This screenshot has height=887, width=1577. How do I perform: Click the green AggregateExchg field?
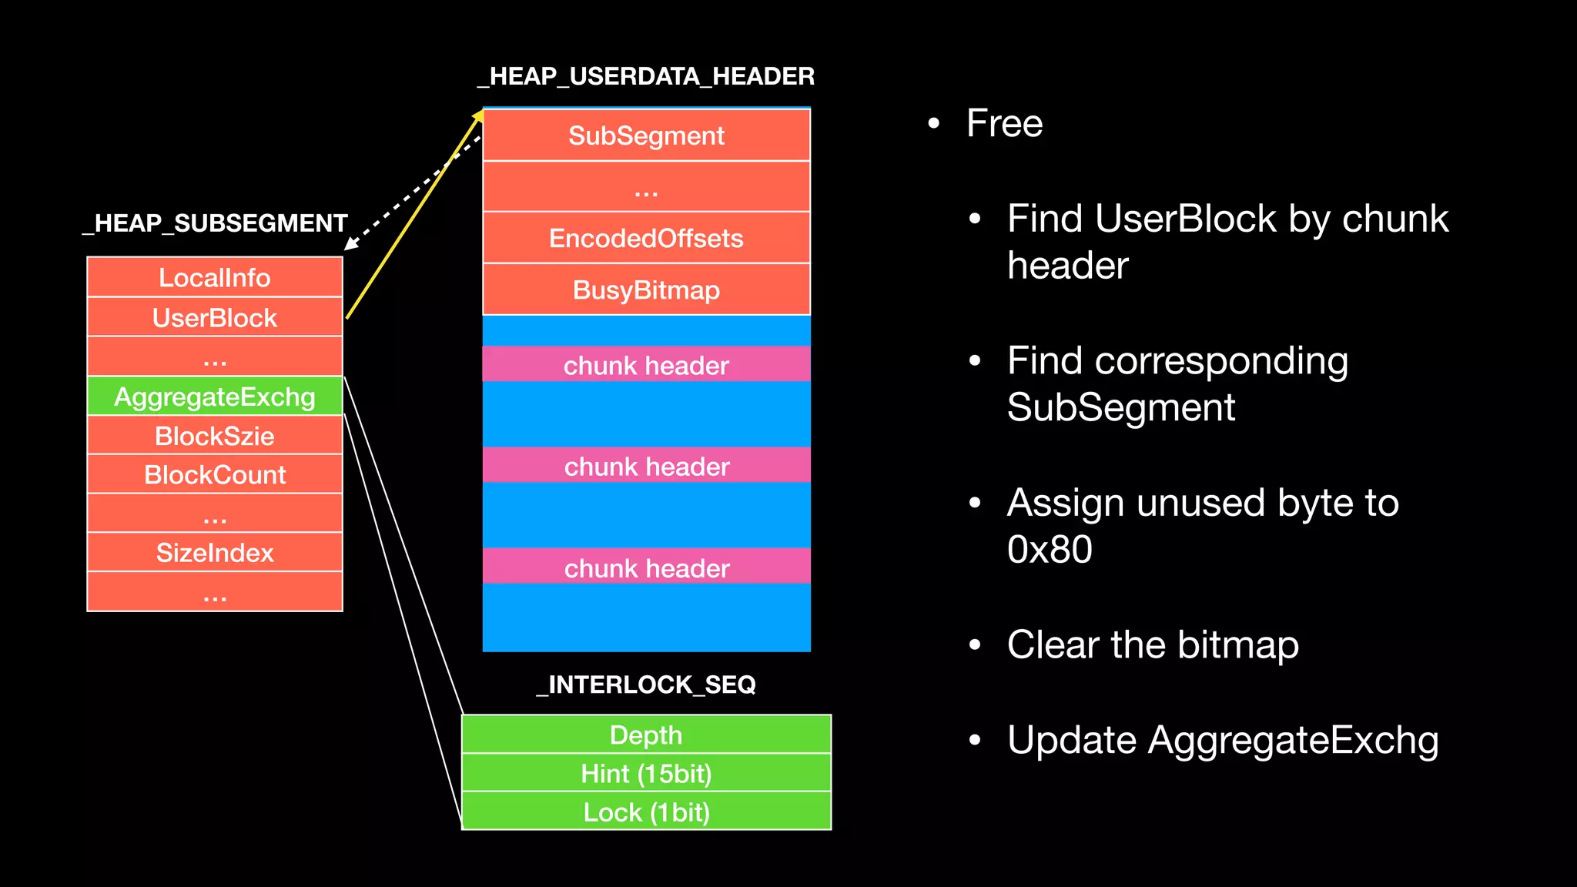(215, 397)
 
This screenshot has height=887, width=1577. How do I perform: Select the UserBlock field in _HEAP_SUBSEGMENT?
(215, 317)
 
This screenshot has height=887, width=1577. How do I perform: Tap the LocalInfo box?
(215, 277)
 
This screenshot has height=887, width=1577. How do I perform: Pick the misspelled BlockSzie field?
(215, 436)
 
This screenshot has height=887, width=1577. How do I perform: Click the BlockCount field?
(215, 474)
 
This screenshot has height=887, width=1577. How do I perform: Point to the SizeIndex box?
(215, 552)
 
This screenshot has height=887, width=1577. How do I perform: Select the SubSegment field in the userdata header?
(646, 136)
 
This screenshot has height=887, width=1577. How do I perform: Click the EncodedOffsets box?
(646, 238)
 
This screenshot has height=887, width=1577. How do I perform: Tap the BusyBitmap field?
(646, 290)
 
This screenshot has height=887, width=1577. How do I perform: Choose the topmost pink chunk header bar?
(646, 365)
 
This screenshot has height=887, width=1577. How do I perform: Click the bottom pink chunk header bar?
(646, 567)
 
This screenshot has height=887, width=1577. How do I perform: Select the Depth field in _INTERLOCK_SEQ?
(646, 735)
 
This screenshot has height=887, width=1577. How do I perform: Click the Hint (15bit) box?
(646, 773)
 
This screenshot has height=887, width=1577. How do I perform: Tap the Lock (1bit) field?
(646, 812)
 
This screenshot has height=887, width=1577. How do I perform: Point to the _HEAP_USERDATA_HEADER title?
(646, 76)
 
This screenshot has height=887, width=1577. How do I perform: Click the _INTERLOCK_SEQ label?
(646, 684)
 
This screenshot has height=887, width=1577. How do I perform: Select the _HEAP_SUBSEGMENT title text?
(215, 223)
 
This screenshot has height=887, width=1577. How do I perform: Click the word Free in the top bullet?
(1004, 123)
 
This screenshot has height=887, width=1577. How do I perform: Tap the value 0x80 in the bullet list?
(1050, 549)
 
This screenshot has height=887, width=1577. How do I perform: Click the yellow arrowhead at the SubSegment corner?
(478, 116)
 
